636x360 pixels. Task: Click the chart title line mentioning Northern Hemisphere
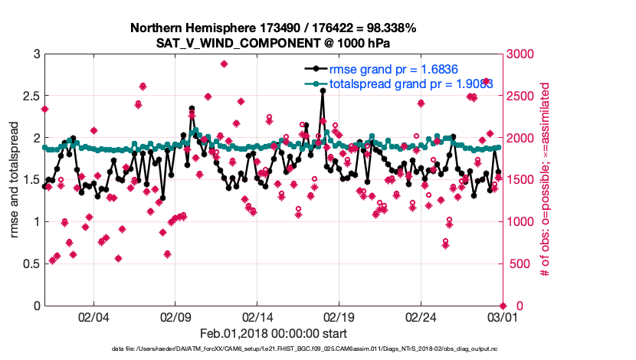[273, 28]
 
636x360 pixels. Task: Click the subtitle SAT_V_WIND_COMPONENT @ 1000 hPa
[273, 43]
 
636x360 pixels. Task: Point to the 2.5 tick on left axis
[30, 96]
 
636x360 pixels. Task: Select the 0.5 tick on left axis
[30, 263]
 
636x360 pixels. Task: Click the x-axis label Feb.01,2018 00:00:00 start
[273, 333]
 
